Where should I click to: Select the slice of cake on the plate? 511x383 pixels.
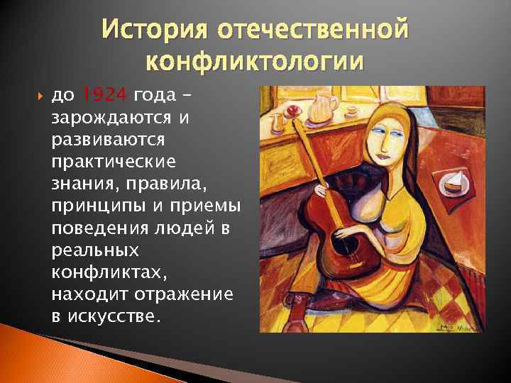454,182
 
